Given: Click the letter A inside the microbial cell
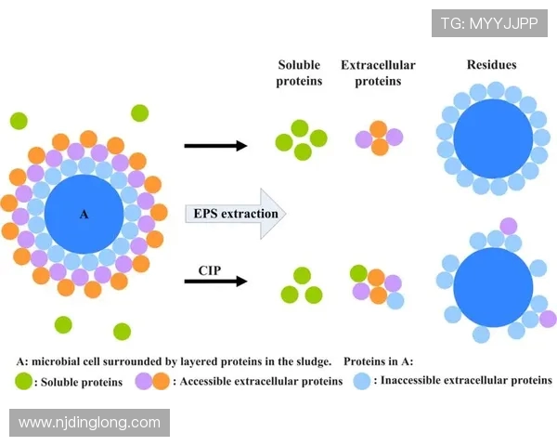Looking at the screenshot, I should (84, 215).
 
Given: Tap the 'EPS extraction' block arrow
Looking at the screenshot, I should (237, 214).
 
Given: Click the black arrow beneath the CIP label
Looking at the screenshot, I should (215, 281).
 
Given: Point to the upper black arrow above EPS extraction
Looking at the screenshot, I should (215, 145).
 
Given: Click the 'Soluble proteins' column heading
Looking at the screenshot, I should (299, 72).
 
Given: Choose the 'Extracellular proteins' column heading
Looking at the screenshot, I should (378, 72).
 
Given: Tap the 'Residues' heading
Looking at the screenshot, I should (491, 65).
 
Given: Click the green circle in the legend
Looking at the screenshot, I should (23, 381).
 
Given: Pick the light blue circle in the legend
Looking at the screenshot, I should (361, 381).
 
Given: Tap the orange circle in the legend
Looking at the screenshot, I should (162, 381).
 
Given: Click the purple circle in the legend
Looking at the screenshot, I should (144, 381).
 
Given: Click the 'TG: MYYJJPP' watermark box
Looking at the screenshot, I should (489, 22).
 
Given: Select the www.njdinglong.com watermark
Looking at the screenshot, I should (90, 423).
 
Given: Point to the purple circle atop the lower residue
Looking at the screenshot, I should (508, 226).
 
